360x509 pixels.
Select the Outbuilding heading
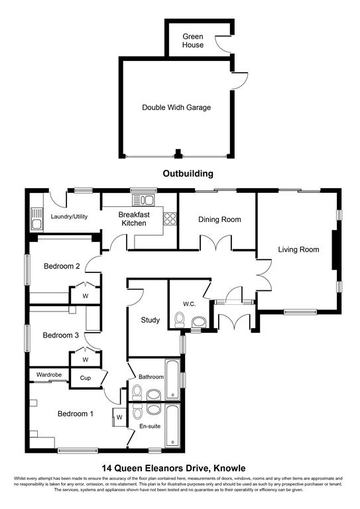coord(188,174)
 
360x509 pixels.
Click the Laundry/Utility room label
coord(71,216)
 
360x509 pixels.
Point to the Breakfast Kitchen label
coord(133,219)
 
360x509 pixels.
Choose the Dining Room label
coord(219,219)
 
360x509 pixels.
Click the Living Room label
coord(298,250)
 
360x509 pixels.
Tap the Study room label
coord(150,320)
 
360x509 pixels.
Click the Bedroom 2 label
coord(62,266)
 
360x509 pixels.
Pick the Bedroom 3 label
coord(61,335)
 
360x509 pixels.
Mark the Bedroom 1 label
coord(75,414)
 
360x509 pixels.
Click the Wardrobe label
coord(49,375)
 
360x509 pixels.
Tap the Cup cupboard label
coord(85,378)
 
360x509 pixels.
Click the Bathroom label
coord(151,377)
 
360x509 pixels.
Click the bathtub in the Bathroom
coord(172,379)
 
